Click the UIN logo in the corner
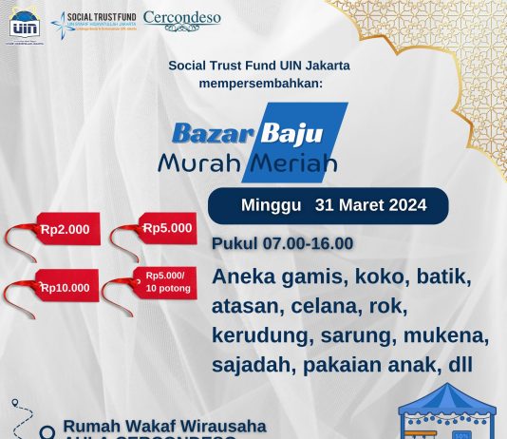click(x=23, y=24)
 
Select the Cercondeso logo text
click(x=182, y=19)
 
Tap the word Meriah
click(x=295, y=162)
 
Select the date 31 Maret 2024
click(x=370, y=205)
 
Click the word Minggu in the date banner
click(x=271, y=205)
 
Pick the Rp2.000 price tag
click(x=65, y=230)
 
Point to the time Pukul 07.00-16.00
click(x=283, y=244)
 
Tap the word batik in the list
click(x=439, y=277)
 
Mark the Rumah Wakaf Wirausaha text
click(x=164, y=426)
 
